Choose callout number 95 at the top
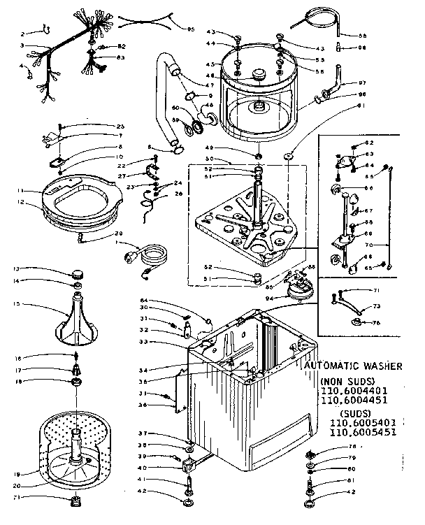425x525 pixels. coord(190,29)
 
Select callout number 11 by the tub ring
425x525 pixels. coord(21,190)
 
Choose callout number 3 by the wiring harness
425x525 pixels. coord(22,45)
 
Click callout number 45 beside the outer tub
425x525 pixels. coord(209,64)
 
